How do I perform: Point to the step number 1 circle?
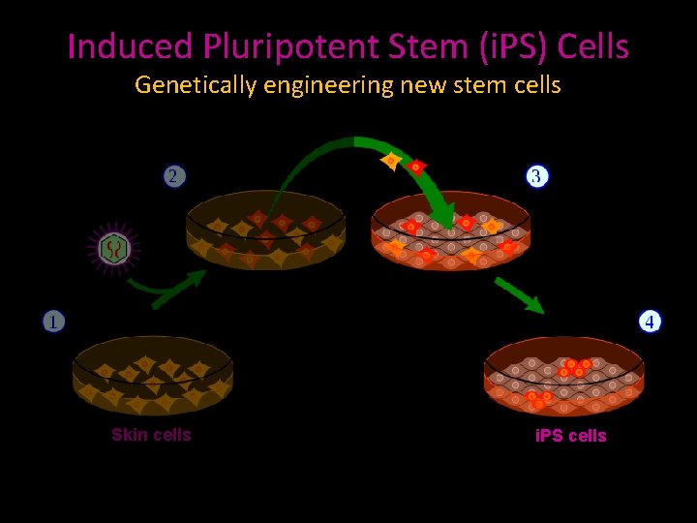point(52,322)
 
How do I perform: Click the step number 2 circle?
point(173,176)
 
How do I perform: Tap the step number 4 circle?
point(651,322)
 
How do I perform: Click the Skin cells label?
point(151,435)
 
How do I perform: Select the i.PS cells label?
point(571,436)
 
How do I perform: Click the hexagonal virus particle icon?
point(115,249)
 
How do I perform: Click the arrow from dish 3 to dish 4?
point(519,294)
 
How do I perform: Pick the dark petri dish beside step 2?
point(265,230)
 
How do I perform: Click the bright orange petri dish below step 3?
point(451,232)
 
